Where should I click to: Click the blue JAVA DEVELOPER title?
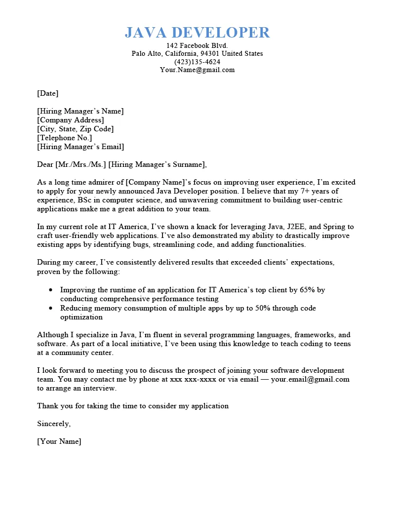[197, 33]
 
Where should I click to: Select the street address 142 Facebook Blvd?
[197, 45]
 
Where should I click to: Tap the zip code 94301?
[210, 53]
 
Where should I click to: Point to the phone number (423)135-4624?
[197, 62]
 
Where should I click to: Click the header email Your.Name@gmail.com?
[197, 70]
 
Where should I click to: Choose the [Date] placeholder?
[47, 93]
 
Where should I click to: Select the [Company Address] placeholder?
[71, 120]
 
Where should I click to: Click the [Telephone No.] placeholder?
[64, 138]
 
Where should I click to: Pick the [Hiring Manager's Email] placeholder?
[80, 147]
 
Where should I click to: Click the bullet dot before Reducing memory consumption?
[51, 308]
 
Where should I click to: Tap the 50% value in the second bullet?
[265, 308]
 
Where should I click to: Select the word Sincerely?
[54, 424]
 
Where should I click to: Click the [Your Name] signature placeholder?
[59, 441]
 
